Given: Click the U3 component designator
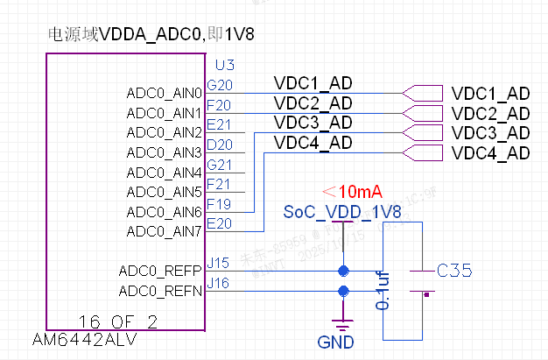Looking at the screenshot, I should [x=224, y=66].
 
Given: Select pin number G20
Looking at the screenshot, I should [x=219, y=86].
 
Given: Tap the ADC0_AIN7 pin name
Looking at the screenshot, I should [x=165, y=231].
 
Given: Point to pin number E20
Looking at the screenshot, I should [x=219, y=224].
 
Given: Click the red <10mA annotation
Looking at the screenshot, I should [x=353, y=192].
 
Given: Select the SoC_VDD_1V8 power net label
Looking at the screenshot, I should [x=342, y=213].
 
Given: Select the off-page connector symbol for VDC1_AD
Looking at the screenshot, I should [x=422, y=93].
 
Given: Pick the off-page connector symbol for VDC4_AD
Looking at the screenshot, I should [x=422, y=153].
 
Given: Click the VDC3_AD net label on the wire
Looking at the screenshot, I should [x=313, y=123].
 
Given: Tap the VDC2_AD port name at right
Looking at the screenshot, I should [x=490, y=113].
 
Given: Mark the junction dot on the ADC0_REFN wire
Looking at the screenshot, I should [x=342, y=290].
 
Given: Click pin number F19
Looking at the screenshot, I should [x=219, y=204].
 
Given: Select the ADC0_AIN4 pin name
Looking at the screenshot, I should [x=165, y=172].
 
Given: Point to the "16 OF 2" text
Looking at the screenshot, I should [x=117, y=322].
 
